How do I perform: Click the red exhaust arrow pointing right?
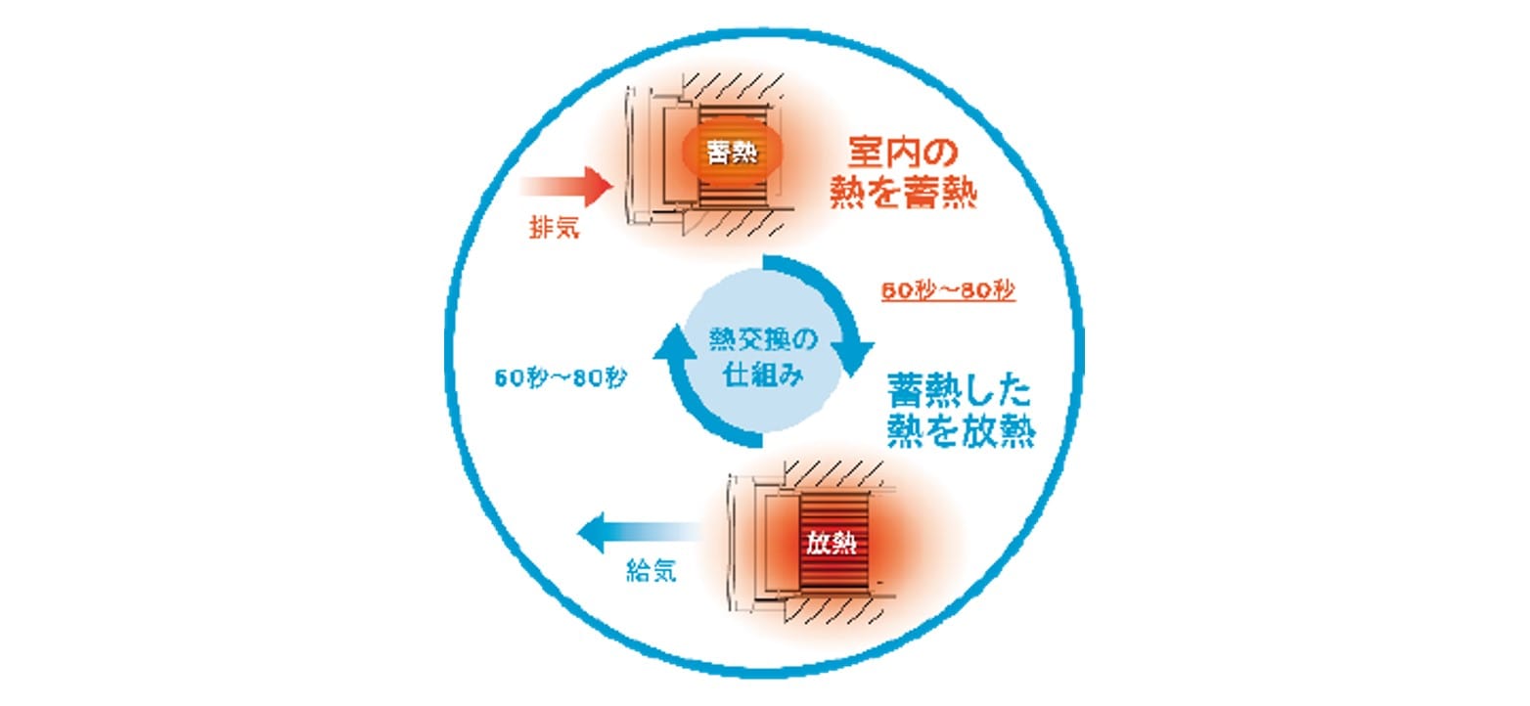[x=567, y=184]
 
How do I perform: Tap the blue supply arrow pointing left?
[x=636, y=532]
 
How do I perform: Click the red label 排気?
[x=554, y=227]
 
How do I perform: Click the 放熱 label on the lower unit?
[x=832, y=544]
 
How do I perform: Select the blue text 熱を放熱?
[x=961, y=431]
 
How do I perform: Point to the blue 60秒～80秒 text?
[x=561, y=377]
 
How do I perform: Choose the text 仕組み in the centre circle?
[x=761, y=375]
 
